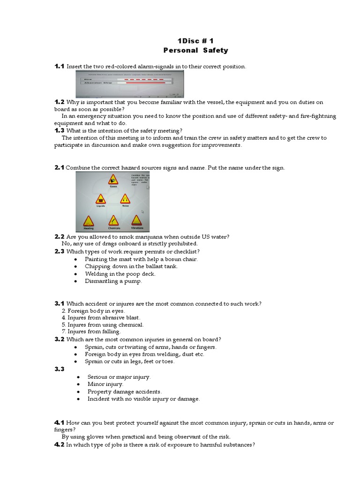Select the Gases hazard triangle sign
[x=113, y=180]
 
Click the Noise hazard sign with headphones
[x=125, y=199]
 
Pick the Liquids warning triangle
[x=101, y=199]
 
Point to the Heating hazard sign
[x=89, y=221]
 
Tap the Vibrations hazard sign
[x=136, y=220]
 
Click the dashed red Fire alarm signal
[x=141, y=80]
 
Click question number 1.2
[x=59, y=102]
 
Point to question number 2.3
[x=59, y=251]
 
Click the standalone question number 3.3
[x=59, y=369]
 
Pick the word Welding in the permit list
[x=95, y=274]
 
